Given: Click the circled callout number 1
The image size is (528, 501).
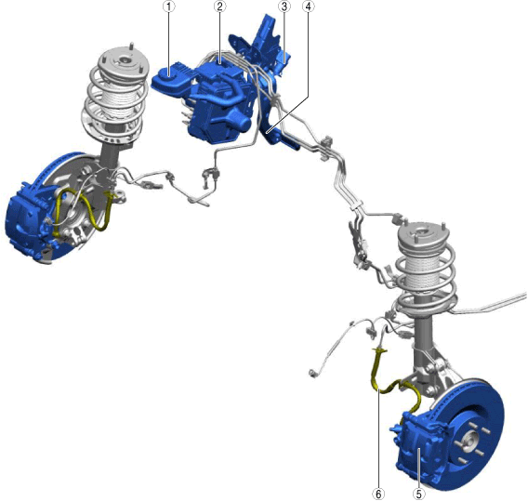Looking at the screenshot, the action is pos(169,7).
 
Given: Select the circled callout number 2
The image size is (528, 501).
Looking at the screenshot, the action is pos(220,7).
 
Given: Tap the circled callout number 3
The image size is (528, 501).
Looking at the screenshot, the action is pos(284,7).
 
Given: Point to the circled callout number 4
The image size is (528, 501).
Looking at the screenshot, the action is pos(308,7).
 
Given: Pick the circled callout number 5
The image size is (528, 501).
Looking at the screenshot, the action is pos(418,494).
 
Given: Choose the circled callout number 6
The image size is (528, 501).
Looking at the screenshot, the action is pos(378,494).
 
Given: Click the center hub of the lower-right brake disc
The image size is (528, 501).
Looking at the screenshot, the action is pos(469,442).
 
